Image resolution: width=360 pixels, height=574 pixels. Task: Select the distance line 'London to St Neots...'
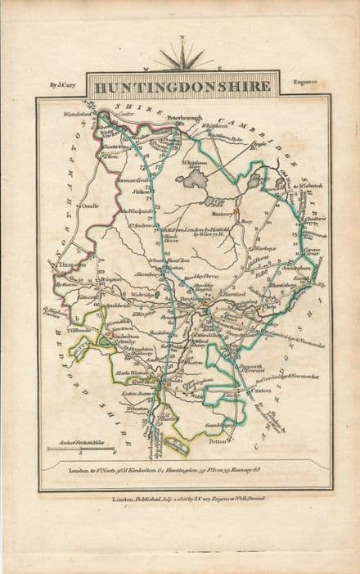[x=184, y=471]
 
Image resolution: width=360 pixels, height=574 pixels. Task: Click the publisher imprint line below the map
[x=183, y=497]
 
